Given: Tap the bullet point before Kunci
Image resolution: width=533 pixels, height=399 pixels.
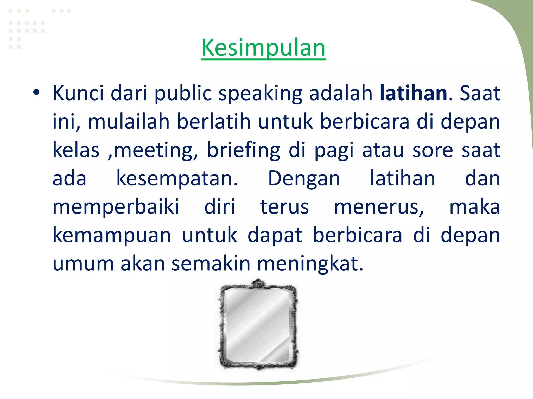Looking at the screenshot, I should coord(36,92).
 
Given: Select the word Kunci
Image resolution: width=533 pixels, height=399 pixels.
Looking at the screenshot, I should coord(78,93).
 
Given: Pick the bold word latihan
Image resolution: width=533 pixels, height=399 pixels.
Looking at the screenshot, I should coord(413,93).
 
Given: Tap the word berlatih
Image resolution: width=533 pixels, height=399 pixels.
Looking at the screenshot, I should coord(214,122).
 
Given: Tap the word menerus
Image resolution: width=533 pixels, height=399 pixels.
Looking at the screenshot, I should coord(379,207).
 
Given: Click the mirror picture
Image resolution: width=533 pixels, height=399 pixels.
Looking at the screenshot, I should coord(258,325).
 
